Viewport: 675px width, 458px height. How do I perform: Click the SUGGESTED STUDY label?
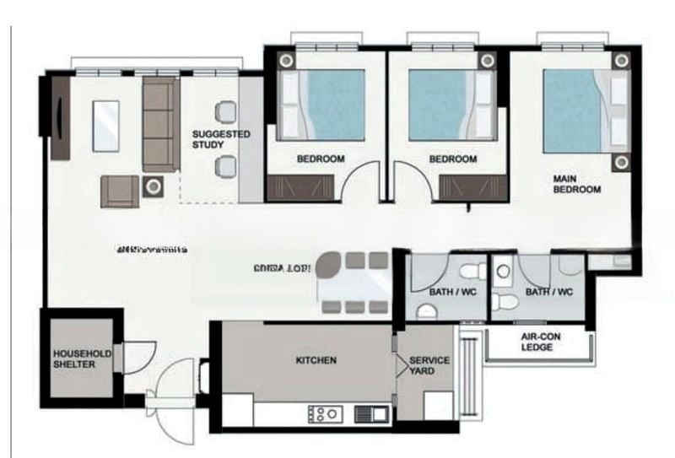tap(221, 140)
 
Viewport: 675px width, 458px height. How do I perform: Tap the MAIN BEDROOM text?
tap(576, 185)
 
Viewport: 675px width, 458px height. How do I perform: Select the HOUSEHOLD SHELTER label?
tap(82, 359)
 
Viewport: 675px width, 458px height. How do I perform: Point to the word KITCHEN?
tap(316, 360)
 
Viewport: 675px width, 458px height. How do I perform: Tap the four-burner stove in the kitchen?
tap(326, 413)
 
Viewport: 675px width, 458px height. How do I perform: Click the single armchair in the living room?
tap(119, 191)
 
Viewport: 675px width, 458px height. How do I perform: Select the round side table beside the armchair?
tap(154, 186)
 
